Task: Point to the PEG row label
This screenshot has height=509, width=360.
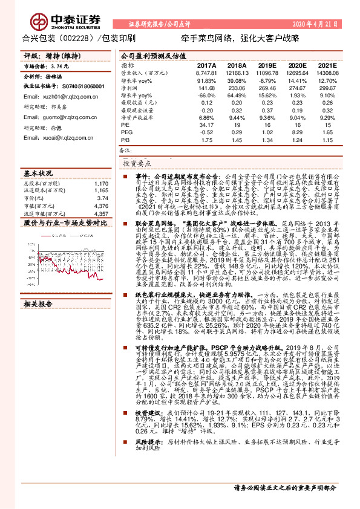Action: coord(126,131)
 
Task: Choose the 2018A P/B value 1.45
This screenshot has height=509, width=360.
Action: coord(235,138)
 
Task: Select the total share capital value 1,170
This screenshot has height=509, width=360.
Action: coord(102,183)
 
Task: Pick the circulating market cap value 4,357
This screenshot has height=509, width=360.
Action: coord(102,214)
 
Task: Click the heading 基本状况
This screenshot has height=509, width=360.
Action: coord(38,173)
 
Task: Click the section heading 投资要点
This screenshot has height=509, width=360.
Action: coord(137,163)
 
